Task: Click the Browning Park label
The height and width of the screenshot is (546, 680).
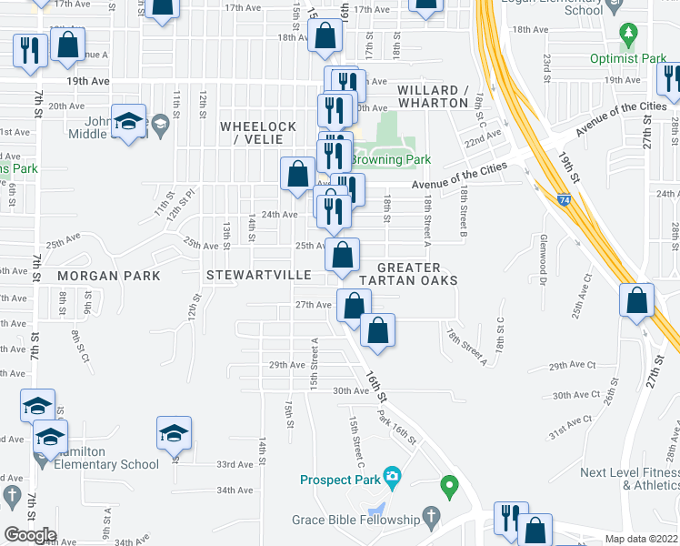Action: (x=391, y=159)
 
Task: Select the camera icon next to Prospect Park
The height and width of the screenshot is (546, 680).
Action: (x=392, y=476)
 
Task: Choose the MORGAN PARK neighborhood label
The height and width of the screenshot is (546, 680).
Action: (x=108, y=276)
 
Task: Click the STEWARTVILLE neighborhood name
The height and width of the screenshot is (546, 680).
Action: (x=259, y=274)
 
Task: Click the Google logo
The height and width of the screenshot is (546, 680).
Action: (x=30, y=534)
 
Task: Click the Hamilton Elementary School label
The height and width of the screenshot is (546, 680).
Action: (x=105, y=458)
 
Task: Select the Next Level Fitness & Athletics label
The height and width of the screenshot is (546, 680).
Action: (x=630, y=479)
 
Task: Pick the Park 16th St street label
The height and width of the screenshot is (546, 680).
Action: (x=396, y=426)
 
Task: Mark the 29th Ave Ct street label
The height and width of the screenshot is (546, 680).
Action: (x=572, y=365)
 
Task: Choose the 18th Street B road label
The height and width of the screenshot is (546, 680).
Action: (x=463, y=210)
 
